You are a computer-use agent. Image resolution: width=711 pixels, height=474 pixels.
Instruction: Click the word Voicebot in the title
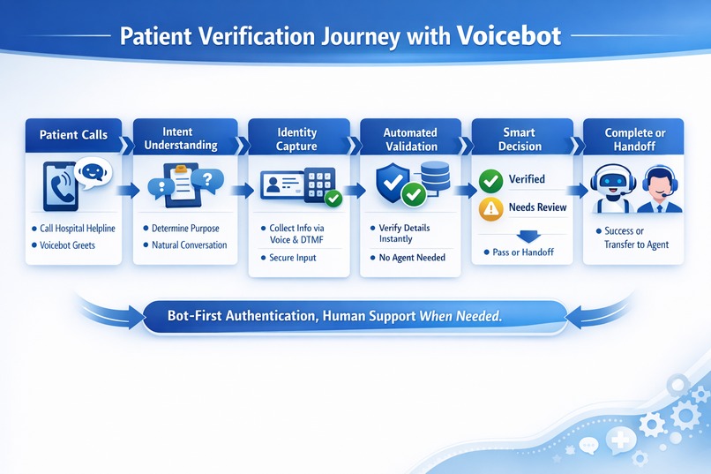tap(508, 37)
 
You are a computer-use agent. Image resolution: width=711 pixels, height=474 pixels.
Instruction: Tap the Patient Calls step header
tap(73, 135)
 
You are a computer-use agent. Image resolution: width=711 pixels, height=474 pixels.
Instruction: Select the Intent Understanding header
tap(184, 139)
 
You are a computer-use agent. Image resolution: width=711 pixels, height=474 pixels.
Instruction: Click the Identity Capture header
tap(296, 139)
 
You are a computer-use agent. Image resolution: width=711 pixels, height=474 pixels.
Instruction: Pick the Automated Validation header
tap(409, 139)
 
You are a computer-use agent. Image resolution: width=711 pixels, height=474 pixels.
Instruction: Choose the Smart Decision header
tap(520, 139)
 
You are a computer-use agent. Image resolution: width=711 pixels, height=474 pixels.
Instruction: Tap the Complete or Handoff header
tap(634, 139)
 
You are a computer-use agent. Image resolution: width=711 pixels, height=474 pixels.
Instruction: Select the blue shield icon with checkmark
tap(394, 183)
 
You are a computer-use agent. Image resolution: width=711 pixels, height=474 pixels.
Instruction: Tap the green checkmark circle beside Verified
tap(490, 181)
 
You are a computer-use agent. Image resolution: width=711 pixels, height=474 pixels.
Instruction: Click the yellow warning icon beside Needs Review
tap(490, 208)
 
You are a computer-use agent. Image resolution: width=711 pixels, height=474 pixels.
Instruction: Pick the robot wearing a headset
tap(610, 189)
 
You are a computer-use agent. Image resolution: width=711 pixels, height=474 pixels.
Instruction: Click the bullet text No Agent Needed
tap(412, 258)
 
